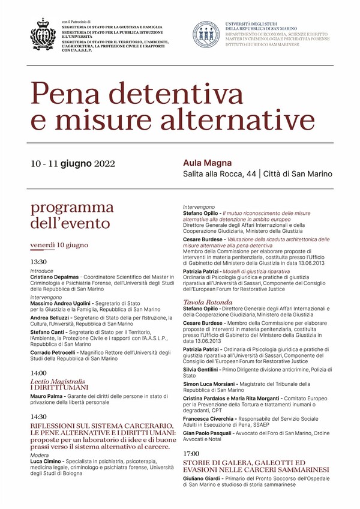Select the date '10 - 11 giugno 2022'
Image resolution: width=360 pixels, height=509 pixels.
[73, 163]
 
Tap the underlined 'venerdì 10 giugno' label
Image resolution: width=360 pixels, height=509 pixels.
[59, 245]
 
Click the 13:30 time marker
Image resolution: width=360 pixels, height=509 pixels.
[38, 262]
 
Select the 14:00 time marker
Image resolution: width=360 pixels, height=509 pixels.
[38, 373]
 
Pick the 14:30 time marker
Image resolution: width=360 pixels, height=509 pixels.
[38, 416]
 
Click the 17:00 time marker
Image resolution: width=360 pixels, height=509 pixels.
[191, 453]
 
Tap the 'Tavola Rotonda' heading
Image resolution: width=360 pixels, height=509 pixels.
[208, 301]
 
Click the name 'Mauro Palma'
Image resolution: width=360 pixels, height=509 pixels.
[47, 396]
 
